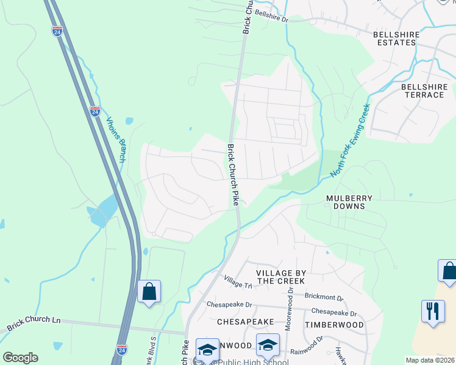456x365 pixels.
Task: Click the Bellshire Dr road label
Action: point(271,16)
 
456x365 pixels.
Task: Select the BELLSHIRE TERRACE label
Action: point(424,91)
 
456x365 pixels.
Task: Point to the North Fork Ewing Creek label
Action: point(351,141)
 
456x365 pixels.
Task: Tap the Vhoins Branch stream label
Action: point(116,140)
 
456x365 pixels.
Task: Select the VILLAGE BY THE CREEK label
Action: point(280,277)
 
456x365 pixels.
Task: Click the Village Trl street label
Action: point(238,282)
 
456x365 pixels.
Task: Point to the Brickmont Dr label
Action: point(324,299)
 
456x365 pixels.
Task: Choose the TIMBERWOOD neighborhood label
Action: point(334,325)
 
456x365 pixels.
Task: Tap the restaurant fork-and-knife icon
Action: point(433,311)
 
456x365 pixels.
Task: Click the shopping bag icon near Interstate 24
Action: point(149,291)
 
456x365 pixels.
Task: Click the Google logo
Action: point(20,358)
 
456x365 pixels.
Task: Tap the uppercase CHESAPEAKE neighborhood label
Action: point(242,320)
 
